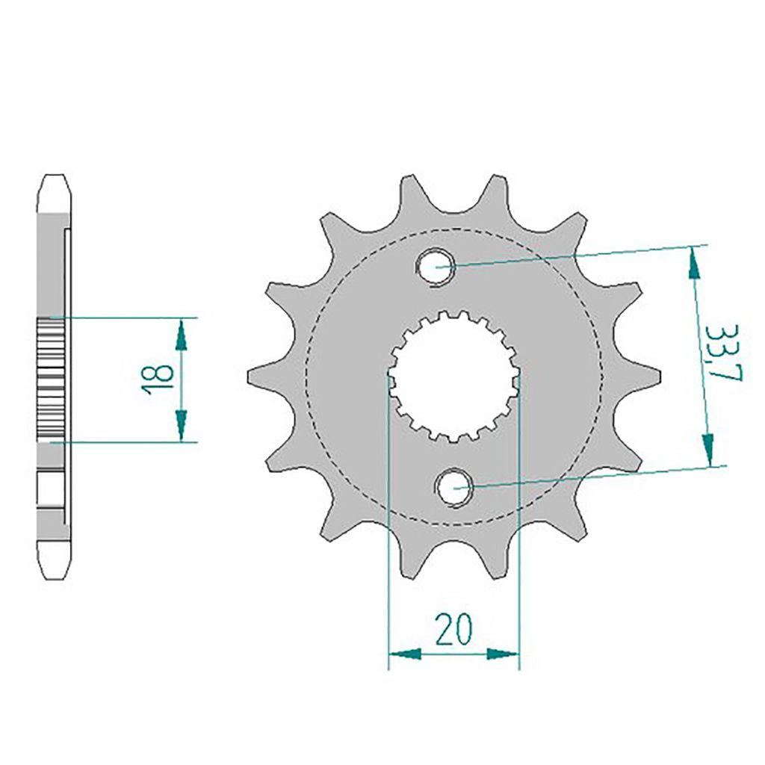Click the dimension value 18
point(157,379)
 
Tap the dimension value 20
point(454,629)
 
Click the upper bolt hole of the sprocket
point(436,267)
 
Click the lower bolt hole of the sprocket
point(454,487)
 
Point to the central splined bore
point(453,377)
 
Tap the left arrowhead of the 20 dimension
point(404,654)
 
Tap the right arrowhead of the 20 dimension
point(503,654)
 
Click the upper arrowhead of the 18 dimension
point(181,335)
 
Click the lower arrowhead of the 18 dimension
point(181,425)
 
